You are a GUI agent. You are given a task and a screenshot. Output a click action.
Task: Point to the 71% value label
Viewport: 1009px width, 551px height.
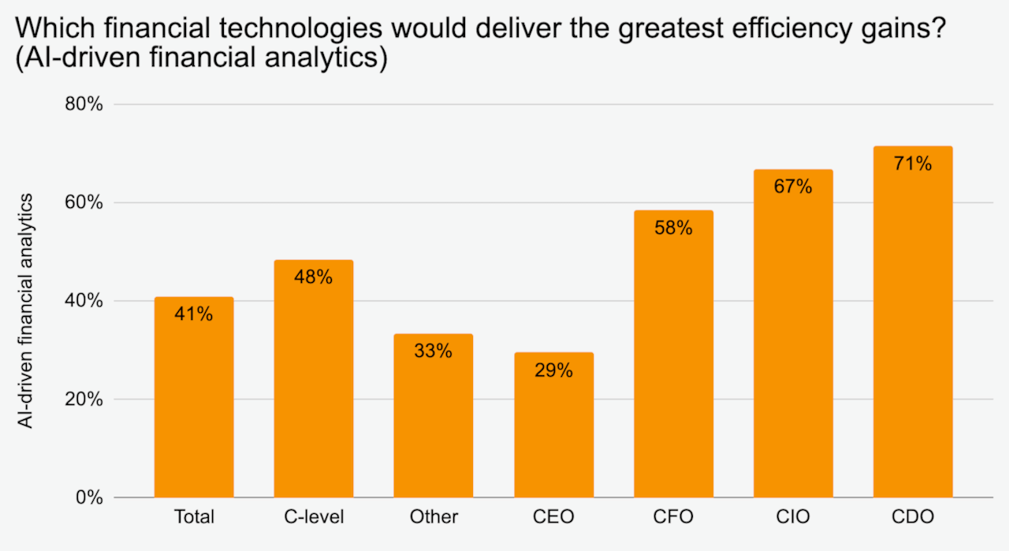click(x=913, y=164)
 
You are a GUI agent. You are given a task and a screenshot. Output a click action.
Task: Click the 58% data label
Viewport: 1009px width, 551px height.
click(x=673, y=229)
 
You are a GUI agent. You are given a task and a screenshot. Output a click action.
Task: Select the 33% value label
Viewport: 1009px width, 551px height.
click(x=434, y=352)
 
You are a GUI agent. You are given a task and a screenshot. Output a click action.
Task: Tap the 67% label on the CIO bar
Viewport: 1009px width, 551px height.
click(x=793, y=187)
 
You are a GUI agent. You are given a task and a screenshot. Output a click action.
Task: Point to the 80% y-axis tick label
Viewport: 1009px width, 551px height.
click(x=84, y=104)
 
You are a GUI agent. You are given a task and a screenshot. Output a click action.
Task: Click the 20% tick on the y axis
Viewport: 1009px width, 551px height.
click(x=84, y=399)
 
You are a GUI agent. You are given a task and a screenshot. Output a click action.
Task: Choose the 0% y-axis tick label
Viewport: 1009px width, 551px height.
click(x=89, y=497)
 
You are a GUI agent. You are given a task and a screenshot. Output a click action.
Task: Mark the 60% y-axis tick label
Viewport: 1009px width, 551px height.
click(x=84, y=203)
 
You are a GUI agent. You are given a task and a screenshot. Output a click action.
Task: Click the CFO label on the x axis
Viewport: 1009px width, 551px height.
click(x=673, y=517)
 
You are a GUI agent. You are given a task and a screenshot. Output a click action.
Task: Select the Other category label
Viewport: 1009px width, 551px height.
click(x=434, y=517)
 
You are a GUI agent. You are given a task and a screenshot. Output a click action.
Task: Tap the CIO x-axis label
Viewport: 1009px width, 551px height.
click(x=793, y=517)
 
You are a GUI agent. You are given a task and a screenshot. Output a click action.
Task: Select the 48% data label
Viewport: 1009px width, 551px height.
click(x=314, y=277)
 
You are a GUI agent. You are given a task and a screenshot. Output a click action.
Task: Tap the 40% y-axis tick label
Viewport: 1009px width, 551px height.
click(x=84, y=300)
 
